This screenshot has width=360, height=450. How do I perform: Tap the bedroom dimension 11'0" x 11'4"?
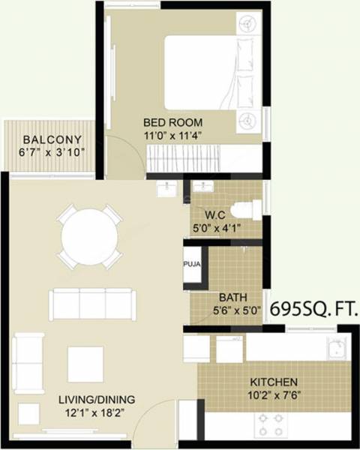pyautogui.click(x=173, y=136)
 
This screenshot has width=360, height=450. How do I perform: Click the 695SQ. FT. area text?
pyautogui.click(x=313, y=307)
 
